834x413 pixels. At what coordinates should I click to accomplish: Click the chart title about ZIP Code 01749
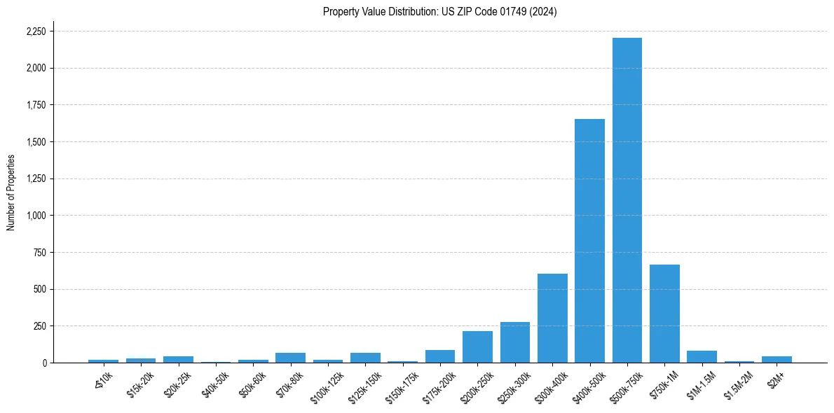pyautogui.click(x=439, y=12)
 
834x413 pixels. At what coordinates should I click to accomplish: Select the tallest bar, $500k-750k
pyautogui.click(x=627, y=200)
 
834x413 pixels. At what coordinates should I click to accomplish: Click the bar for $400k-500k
pyautogui.click(x=589, y=241)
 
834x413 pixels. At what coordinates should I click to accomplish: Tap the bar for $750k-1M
pyautogui.click(x=664, y=314)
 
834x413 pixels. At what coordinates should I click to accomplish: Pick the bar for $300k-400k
pyautogui.click(x=552, y=318)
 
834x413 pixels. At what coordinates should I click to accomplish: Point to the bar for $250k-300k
pyautogui.click(x=514, y=342)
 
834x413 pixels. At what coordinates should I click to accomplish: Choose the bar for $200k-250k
pyautogui.click(x=477, y=347)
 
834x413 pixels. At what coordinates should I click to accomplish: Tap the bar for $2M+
pyautogui.click(x=777, y=359)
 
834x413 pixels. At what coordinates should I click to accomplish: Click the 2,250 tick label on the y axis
pyautogui.click(x=35, y=31)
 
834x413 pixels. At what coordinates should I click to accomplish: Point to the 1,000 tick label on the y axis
pyautogui.click(x=35, y=216)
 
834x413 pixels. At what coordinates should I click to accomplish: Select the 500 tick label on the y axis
pyautogui.click(x=39, y=289)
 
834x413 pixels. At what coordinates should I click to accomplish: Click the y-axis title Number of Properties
pyautogui.click(x=11, y=192)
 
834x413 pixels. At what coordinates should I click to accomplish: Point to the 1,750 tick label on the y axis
pyautogui.click(x=35, y=105)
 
